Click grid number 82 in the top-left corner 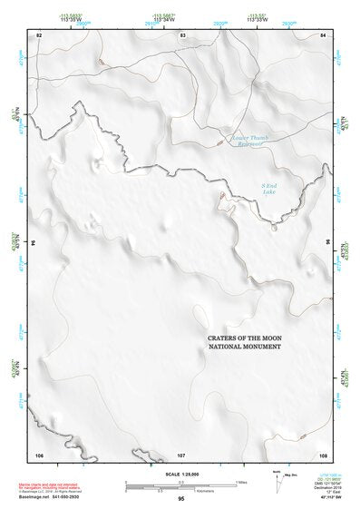(39, 34)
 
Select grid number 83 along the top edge (182, 34)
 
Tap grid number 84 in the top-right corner (324, 34)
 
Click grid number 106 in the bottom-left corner (39, 454)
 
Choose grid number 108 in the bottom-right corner (324, 454)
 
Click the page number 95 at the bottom (181, 499)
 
